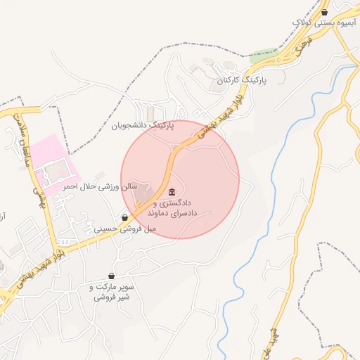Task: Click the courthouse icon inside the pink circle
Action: coord(172,193)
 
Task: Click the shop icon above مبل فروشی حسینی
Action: coord(125,217)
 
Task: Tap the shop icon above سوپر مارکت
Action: coord(111,276)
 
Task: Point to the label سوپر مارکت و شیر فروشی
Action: coord(116,292)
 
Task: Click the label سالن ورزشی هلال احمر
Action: coord(99,187)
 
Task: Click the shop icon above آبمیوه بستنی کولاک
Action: coord(324,12)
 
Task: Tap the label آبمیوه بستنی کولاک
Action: coord(325,23)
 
